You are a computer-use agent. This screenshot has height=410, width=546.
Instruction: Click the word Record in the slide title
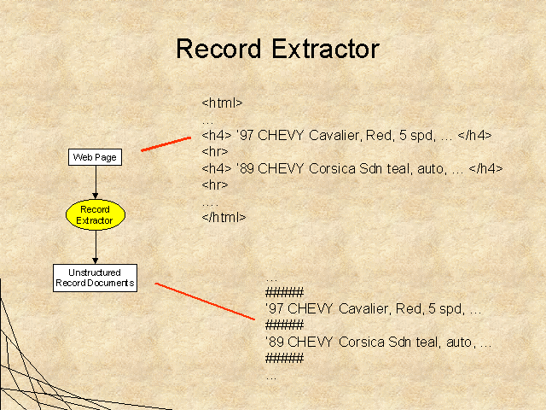[x=218, y=49]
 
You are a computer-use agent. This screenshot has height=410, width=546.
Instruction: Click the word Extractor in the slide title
[x=325, y=49]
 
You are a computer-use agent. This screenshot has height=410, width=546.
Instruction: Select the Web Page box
[x=95, y=157]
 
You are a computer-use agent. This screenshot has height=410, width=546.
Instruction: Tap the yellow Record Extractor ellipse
[x=96, y=214]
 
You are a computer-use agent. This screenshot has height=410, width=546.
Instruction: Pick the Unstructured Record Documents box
[x=95, y=278]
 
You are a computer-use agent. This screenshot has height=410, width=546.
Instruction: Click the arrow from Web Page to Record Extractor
[x=96, y=182]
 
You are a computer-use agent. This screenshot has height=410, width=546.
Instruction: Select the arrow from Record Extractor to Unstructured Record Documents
[x=96, y=247]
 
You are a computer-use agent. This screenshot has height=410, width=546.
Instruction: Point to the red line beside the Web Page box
[x=166, y=144]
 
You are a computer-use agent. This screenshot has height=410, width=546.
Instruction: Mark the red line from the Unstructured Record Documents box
[x=205, y=302]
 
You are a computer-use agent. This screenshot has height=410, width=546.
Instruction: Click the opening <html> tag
[x=222, y=102]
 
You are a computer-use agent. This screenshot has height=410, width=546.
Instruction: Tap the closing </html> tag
[x=224, y=218]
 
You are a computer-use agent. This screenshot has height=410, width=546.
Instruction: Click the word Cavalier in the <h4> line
[x=334, y=135]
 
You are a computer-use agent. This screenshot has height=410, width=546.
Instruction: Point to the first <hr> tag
[x=215, y=152]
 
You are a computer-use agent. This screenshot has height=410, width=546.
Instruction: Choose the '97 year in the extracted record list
[x=275, y=309]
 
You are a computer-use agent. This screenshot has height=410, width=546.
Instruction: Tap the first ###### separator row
[x=284, y=292]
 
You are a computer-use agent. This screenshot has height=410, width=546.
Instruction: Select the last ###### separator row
[x=284, y=359]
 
